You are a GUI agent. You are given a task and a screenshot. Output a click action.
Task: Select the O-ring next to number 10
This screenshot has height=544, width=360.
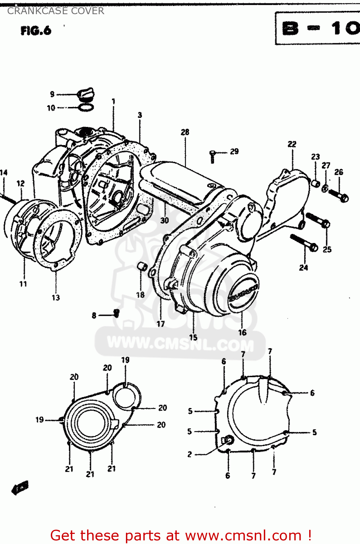(86, 107)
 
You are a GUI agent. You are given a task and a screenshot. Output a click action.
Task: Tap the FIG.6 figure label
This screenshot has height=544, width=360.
(36, 31)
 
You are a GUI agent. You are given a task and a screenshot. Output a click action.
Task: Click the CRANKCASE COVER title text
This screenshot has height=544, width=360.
(56, 11)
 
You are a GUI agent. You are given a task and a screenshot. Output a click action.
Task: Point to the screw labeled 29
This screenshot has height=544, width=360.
(213, 156)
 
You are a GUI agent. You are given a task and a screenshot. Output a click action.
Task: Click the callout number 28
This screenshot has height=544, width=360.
(185, 132)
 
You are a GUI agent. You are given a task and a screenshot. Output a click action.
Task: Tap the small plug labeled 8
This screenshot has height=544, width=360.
(116, 312)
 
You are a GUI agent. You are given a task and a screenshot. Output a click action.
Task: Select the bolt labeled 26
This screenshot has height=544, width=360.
(339, 196)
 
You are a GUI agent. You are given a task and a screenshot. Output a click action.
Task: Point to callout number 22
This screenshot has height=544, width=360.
(292, 144)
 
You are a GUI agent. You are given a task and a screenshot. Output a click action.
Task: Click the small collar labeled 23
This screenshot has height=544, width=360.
(316, 184)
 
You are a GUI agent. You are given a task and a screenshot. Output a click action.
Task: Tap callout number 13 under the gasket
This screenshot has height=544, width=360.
(56, 298)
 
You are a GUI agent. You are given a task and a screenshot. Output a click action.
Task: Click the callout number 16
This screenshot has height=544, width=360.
(242, 332)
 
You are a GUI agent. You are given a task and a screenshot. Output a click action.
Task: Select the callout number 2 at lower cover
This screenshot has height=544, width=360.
(189, 454)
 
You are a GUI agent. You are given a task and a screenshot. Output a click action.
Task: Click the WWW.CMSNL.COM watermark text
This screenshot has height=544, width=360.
(180, 343)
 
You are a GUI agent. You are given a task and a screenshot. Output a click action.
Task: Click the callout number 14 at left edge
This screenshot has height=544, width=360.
(4, 173)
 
